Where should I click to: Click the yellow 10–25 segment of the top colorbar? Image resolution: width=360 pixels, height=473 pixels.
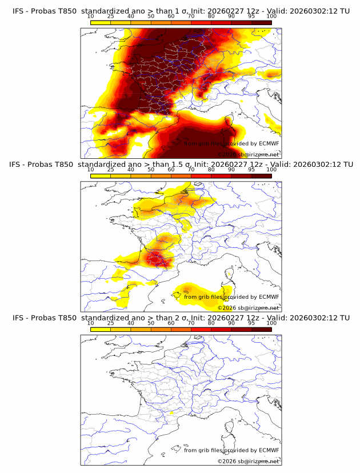click(101, 22)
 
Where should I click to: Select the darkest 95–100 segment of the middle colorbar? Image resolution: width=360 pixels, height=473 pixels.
click(261, 176)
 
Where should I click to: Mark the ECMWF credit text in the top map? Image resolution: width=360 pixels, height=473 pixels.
click(231, 143)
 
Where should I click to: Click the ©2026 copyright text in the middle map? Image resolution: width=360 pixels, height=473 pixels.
click(248, 308)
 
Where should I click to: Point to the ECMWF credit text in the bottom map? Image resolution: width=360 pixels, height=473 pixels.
click(231, 450)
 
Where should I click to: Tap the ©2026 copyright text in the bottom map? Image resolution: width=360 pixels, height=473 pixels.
click(248, 461)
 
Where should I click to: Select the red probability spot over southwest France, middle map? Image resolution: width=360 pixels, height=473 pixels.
click(155, 258)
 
